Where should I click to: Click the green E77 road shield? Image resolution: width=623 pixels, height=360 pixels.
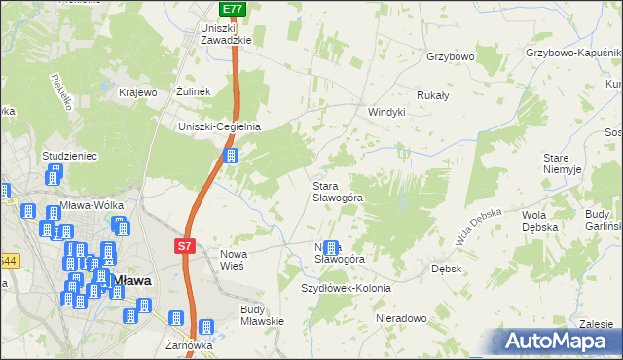(232, 9)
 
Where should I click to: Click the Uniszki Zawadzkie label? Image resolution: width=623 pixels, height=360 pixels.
(226, 34)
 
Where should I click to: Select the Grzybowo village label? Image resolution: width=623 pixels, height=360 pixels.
(450, 57)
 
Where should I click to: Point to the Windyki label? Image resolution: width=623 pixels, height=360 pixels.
(385, 112)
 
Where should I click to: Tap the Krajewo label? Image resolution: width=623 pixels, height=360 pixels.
(137, 92)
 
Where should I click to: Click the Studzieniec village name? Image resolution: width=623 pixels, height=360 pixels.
(67, 155)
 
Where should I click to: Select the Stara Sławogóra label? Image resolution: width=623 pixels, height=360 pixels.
(337, 191)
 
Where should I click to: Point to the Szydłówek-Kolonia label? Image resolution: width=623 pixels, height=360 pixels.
(346, 289)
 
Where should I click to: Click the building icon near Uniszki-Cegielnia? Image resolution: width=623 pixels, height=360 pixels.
(231, 156)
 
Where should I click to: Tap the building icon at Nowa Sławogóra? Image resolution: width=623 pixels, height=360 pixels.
(331, 250)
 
